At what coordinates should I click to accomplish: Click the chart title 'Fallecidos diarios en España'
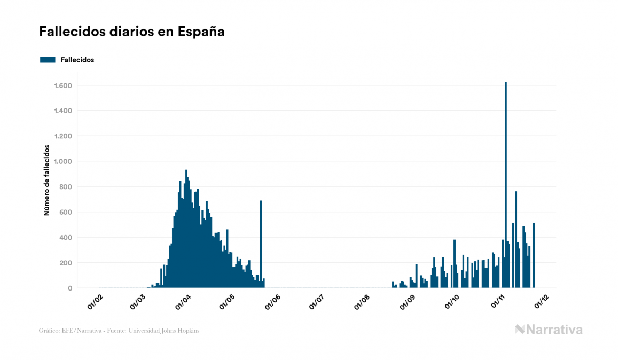coord(131,32)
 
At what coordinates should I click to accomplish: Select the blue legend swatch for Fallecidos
coord(48,60)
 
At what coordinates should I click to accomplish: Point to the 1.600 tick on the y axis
coord(63,85)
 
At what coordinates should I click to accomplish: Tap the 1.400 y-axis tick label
coord(63,111)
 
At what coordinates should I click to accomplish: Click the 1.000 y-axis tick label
coord(63,161)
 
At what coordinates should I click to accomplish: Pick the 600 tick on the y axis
coord(66,212)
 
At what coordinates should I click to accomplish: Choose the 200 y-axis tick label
coord(66,263)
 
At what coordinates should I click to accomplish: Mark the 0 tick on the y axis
coord(70,288)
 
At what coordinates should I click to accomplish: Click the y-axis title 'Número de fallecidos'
coord(46,180)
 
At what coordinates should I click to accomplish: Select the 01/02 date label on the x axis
coord(95,303)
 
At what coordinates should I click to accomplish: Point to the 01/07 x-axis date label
coord(317,303)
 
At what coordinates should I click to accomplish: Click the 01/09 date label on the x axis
coord(408,303)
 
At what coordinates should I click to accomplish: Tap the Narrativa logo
coord(549,330)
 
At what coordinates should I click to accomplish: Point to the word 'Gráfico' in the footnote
coord(49,331)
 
